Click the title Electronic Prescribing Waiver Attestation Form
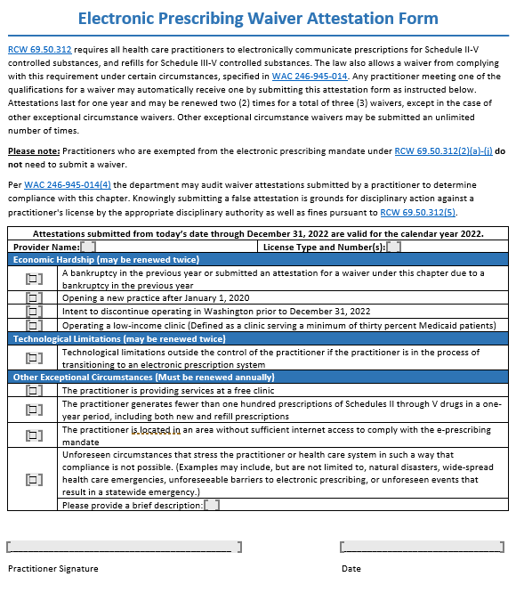click(258, 18)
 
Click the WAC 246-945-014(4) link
click(67, 185)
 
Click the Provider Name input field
click(89, 247)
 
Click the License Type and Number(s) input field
click(393, 247)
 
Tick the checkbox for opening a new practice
click(34, 298)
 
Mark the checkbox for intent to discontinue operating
click(34, 312)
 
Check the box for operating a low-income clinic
click(34, 326)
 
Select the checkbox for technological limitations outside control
click(34, 358)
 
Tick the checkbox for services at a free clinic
click(34, 390)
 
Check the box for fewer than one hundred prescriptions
click(34, 410)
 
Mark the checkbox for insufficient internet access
click(34, 435)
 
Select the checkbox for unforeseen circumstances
click(34, 479)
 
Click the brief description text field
click(212, 506)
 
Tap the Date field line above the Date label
click(422, 547)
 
